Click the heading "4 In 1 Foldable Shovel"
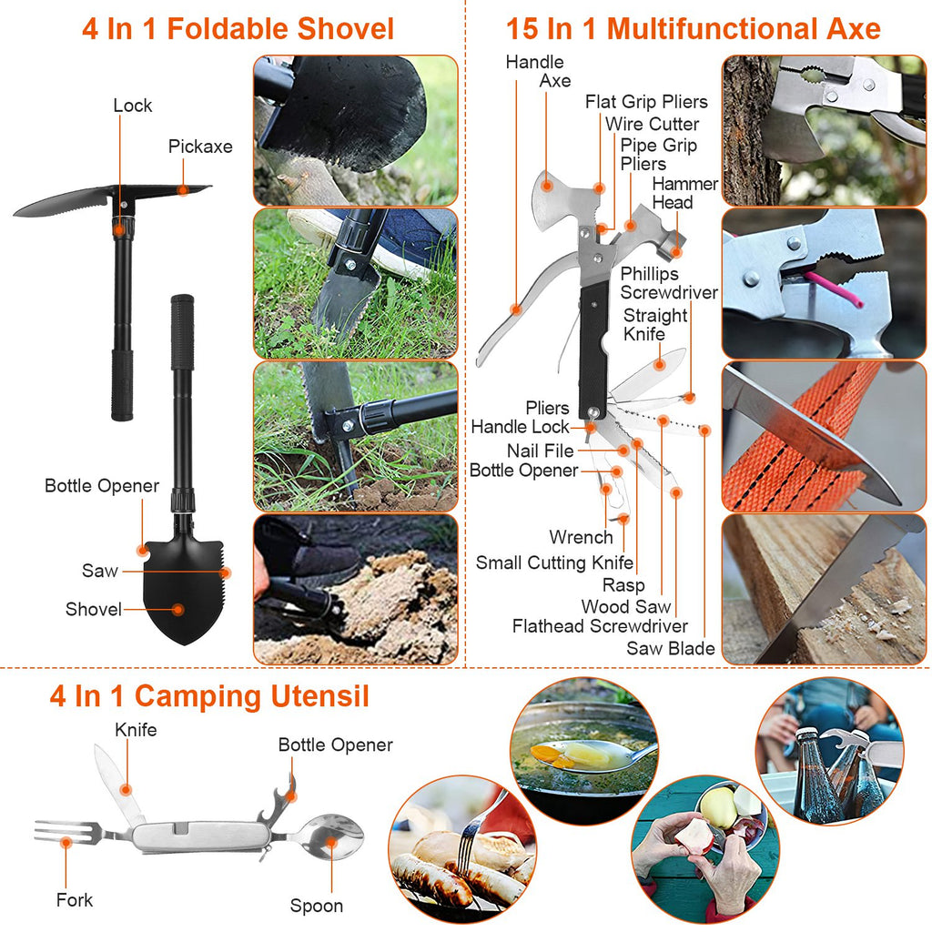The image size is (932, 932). (238, 28)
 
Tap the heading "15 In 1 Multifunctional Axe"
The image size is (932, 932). (693, 28)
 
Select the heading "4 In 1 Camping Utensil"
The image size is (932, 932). (209, 697)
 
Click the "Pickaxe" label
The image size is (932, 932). (200, 147)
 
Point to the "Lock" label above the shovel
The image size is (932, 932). (133, 106)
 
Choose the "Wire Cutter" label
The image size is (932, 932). (652, 124)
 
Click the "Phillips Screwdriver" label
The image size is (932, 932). (669, 283)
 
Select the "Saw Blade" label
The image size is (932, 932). (670, 649)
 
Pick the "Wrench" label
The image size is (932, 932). (581, 538)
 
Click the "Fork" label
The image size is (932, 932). (75, 900)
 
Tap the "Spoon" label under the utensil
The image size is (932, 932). (317, 906)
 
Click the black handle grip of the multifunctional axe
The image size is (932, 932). (594, 337)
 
